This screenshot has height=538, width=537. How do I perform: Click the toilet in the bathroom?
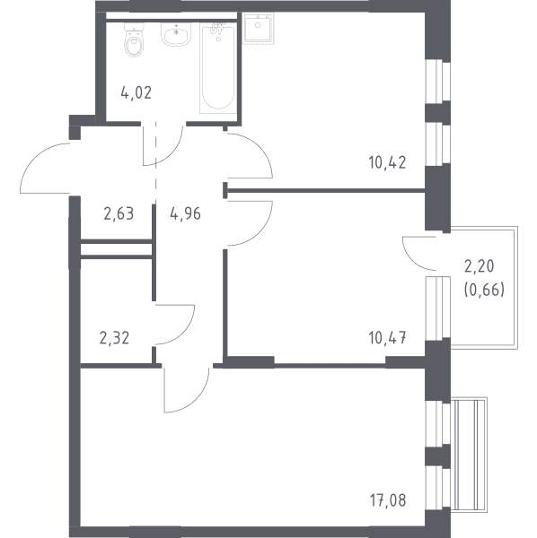tap(134, 40)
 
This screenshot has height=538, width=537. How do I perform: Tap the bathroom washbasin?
tap(176, 35)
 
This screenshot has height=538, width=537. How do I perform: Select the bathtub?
tap(218, 68)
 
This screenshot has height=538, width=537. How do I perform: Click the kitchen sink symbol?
tap(259, 29)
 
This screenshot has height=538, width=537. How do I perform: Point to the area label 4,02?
tap(136, 92)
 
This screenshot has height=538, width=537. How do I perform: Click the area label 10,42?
tap(387, 162)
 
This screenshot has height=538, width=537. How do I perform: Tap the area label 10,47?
tap(387, 338)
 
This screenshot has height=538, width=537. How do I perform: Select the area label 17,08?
tap(388, 500)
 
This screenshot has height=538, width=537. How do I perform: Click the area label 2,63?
tap(119, 213)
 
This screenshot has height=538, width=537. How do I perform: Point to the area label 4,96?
tap(185, 213)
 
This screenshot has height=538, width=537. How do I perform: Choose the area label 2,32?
tap(114, 338)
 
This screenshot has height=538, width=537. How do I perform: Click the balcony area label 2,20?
tap(480, 266)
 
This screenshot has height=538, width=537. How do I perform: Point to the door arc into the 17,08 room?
tap(199, 399)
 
